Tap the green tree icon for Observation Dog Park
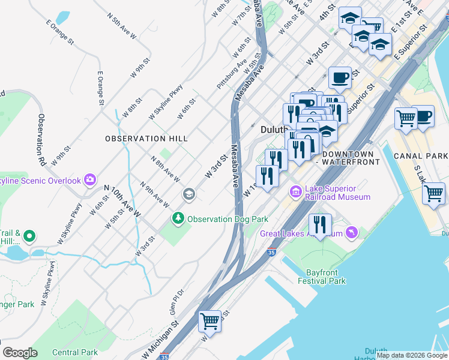pyautogui.click(x=178, y=219)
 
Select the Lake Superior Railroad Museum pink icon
pyautogui.click(x=296, y=193)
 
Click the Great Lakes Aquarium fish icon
pyautogui.click(x=351, y=233)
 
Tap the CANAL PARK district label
pyautogui.click(x=420, y=157)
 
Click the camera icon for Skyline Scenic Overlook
pyautogui.click(x=90, y=179)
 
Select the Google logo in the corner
pyautogui.click(x=20, y=353)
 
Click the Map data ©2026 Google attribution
pyautogui.click(x=412, y=355)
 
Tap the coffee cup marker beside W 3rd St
pyautogui.click(x=340, y=77)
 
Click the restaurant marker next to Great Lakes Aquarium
pyautogui.click(x=320, y=225)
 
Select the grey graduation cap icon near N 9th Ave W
pyautogui.click(x=188, y=194)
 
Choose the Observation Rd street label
pyautogui.click(x=41, y=140)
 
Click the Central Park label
pyautogui.click(x=74, y=352)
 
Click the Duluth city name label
pyautogui.click(x=275, y=130)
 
